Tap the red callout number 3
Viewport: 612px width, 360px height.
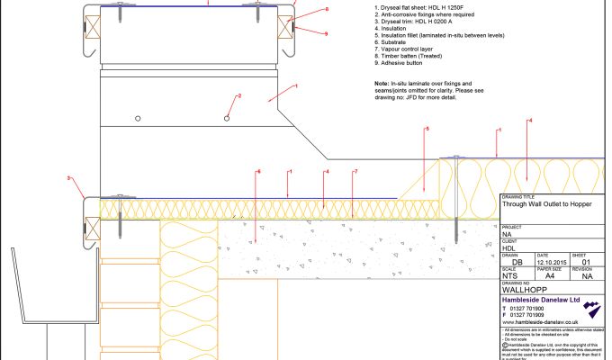[x=69, y=178]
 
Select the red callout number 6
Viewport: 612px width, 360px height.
[x=258, y=172]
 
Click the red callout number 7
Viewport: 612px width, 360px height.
[x=355, y=172]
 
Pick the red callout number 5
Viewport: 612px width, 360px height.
[x=427, y=130]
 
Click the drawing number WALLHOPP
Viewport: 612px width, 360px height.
[x=523, y=291]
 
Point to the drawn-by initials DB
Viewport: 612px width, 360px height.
[x=517, y=261]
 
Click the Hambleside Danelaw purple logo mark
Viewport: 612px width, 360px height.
[x=590, y=310]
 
